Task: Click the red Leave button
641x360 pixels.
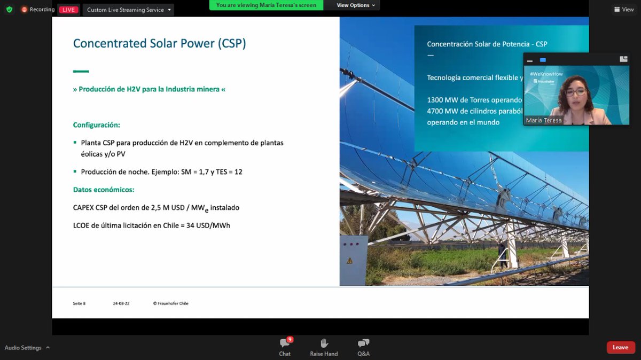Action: point(621,347)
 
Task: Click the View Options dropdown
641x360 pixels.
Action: point(355,5)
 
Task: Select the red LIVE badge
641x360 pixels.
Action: point(68,10)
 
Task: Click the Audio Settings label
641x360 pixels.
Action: point(23,348)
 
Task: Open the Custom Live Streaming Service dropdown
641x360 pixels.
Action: point(128,10)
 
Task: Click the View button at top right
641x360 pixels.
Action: point(624,10)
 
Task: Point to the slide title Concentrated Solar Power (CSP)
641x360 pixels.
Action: point(159,43)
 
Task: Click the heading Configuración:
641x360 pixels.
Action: point(96,125)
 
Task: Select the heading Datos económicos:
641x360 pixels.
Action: point(104,190)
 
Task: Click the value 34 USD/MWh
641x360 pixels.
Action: point(208,225)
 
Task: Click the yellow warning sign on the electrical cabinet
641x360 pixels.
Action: point(349,261)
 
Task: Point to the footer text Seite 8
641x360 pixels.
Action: point(79,303)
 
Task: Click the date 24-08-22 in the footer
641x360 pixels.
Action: point(121,303)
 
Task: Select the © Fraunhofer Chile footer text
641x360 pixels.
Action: point(170,303)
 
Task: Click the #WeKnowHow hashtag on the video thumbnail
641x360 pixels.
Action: point(546,74)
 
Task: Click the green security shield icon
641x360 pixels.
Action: point(9,10)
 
